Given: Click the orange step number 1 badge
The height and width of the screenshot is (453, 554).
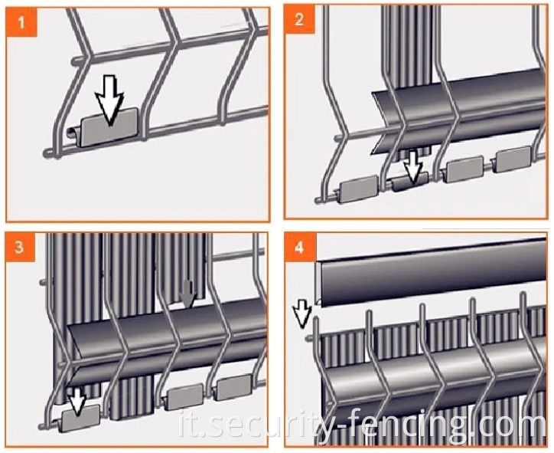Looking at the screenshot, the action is pyautogui.click(x=21, y=22).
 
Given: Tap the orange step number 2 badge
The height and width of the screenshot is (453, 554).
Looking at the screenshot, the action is pyautogui.click(x=299, y=19).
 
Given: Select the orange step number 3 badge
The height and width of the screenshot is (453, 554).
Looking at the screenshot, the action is pyautogui.click(x=20, y=247).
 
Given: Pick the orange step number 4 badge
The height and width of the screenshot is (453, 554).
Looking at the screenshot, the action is pyautogui.click(x=299, y=247).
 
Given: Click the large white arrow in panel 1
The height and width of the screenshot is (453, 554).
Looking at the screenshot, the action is pyautogui.click(x=109, y=100).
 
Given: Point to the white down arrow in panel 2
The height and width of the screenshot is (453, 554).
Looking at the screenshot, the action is pyautogui.click(x=413, y=166).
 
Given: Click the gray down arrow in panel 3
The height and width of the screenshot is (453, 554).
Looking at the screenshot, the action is pyautogui.click(x=187, y=294).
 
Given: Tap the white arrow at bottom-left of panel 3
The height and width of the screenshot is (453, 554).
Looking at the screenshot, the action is pyautogui.click(x=78, y=400).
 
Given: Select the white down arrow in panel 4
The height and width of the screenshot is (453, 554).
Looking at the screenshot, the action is pyautogui.click(x=302, y=313).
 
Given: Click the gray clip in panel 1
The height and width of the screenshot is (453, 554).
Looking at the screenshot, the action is pyautogui.click(x=109, y=127).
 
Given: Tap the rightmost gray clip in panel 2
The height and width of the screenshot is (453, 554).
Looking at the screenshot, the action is pyautogui.click(x=513, y=159).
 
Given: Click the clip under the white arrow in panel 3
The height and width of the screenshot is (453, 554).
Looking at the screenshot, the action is pyautogui.click(x=80, y=419).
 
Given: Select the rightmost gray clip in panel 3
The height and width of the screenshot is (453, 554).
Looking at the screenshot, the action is pyautogui.click(x=234, y=388).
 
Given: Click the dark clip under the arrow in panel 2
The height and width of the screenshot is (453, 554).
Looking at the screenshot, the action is pyautogui.click(x=410, y=182).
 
